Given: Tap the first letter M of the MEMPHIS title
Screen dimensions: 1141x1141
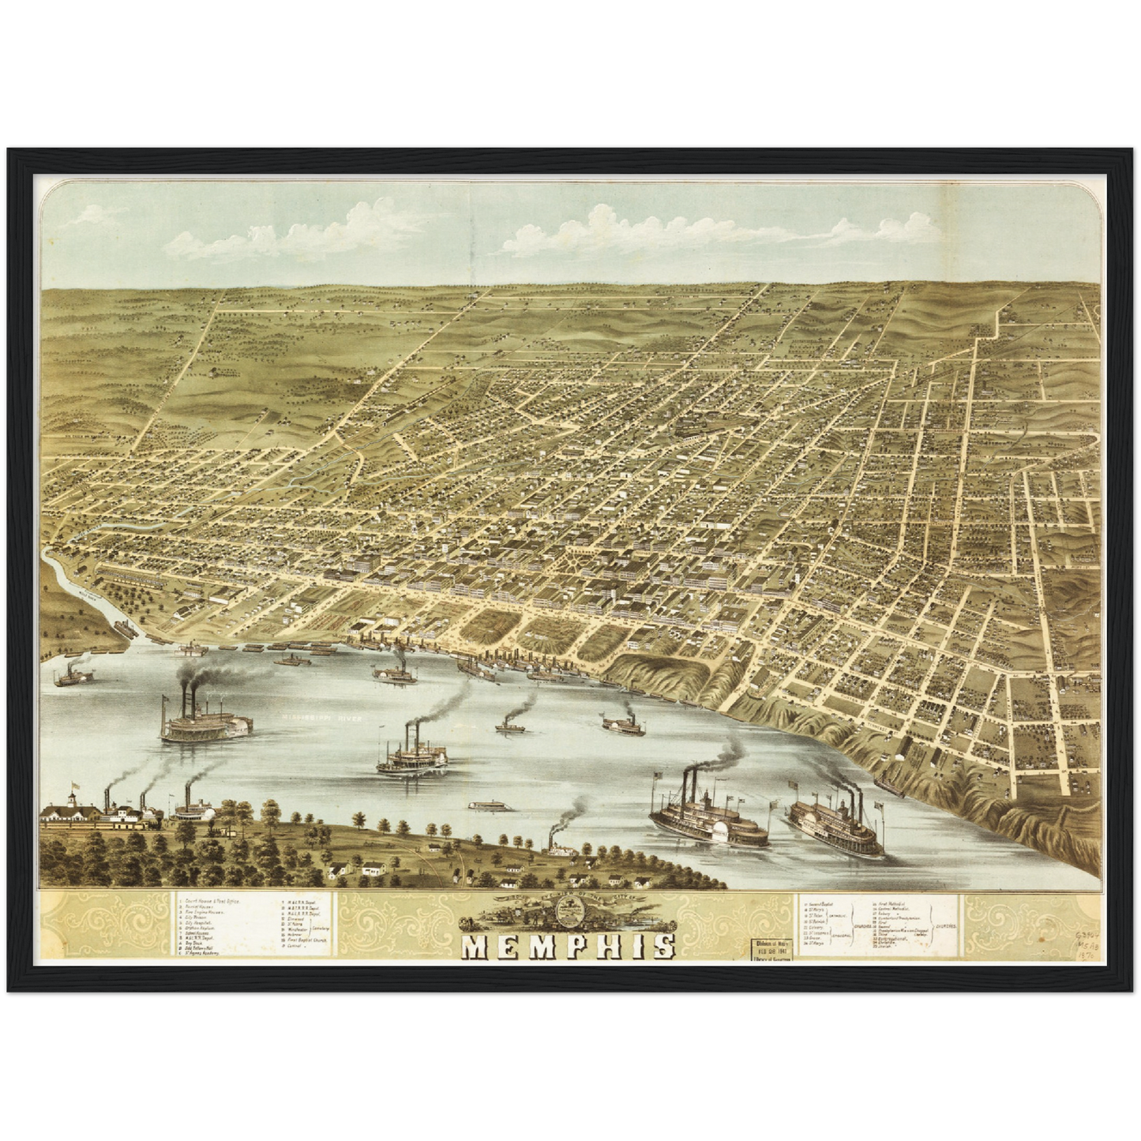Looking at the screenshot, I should (x=476, y=946).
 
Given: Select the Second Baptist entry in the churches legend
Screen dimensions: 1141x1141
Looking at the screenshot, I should (x=822, y=900).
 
